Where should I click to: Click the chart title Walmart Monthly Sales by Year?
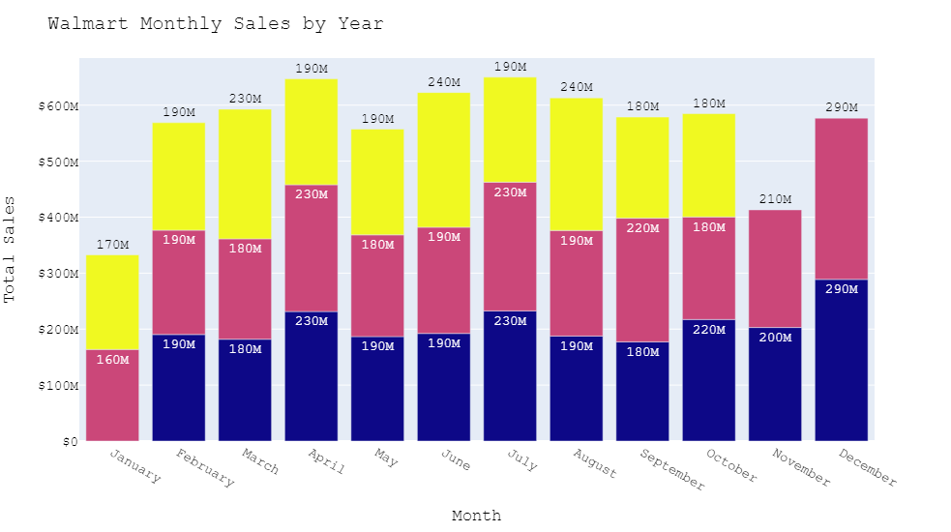216,24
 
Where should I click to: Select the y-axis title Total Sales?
11,250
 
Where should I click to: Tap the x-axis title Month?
476,516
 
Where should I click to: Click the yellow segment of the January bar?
112,302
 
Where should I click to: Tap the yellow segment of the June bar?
443,160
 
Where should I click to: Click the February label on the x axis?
204,469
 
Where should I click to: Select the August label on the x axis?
594,463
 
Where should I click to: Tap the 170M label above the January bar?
112,245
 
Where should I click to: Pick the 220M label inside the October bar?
708,330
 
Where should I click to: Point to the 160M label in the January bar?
112,360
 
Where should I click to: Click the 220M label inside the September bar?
642,228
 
